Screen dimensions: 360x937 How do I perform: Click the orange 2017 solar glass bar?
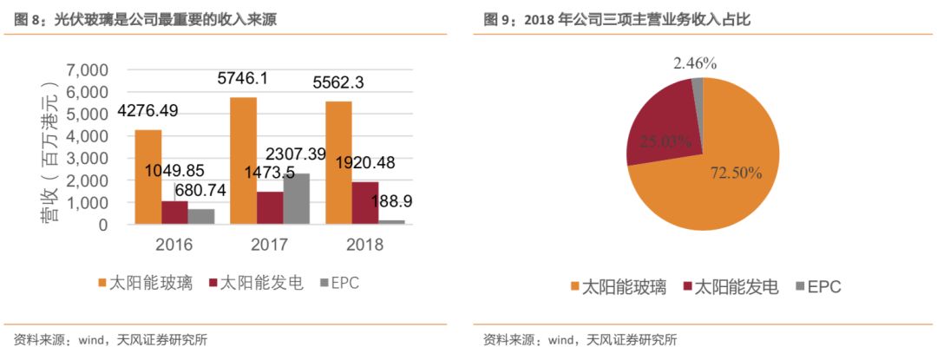[x=244, y=160]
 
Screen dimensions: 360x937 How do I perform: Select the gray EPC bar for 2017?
[x=295, y=199]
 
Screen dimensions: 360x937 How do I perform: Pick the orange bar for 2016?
[x=148, y=177]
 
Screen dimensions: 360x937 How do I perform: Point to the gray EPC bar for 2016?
[x=201, y=216]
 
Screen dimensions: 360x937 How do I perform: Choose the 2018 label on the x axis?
[x=364, y=244]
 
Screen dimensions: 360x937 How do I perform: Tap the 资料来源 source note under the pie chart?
[x=580, y=339]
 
